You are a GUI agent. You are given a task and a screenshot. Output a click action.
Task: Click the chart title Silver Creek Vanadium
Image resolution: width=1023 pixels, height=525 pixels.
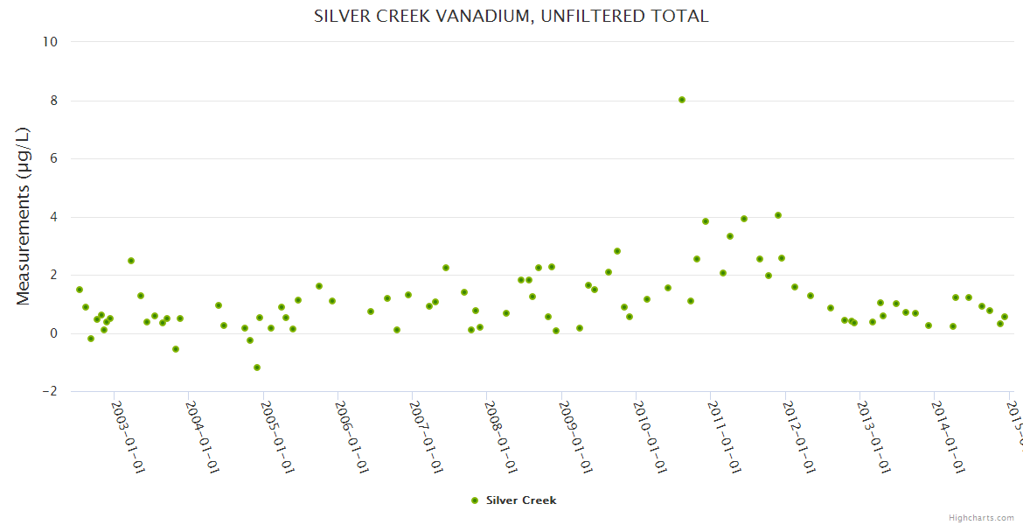point(511,17)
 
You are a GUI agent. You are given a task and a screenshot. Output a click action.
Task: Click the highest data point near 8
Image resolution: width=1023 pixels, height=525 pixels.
point(682,100)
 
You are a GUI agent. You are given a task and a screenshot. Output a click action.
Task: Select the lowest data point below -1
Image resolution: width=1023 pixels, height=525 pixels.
point(257,367)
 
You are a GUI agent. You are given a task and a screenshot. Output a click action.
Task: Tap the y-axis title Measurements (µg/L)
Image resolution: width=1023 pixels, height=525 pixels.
point(24,216)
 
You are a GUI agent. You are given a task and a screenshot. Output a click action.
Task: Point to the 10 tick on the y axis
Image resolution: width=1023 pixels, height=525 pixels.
point(50,42)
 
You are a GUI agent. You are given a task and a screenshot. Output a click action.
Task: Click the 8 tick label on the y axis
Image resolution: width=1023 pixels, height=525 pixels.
point(53,101)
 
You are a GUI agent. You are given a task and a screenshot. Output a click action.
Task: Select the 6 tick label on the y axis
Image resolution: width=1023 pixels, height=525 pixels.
point(53,158)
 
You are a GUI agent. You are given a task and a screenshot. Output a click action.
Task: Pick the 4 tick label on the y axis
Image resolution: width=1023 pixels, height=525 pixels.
point(53,217)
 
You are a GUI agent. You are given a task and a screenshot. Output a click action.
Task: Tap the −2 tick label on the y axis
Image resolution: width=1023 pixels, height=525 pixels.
point(49,391)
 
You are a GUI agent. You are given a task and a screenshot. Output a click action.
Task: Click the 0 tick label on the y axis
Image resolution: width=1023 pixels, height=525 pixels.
point(53,333)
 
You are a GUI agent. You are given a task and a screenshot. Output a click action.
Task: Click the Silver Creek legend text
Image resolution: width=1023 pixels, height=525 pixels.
point(521,500)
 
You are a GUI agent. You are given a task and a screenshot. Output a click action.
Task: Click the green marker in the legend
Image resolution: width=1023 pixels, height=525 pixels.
point(475,500)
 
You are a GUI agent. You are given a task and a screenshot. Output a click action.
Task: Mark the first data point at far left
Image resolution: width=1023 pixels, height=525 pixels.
point(80,290)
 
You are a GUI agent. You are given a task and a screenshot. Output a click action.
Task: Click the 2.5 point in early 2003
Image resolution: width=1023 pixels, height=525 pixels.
point(131,261)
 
